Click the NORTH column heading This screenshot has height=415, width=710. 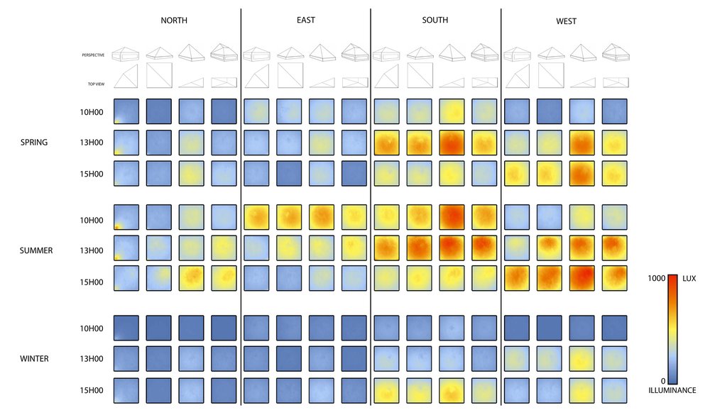tap(174, 21)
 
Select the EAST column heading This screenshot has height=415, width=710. tap(306, 21)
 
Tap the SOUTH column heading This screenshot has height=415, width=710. tap(435, 21)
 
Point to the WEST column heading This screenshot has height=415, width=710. tap(566, 21)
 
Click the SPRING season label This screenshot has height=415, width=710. tap(34, 142)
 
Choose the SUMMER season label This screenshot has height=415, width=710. tap(36, 250)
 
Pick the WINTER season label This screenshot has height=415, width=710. tap(34, 359)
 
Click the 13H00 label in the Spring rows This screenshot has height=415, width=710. tap(92, 142)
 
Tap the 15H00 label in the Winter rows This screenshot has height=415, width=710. tap(92, 390)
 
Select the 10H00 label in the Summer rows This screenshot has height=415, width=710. tap(92, 220)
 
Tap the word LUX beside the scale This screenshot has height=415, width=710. tap(689, 279)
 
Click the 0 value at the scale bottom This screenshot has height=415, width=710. tap(662, 381)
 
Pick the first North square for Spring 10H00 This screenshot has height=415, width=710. tap(126, 111)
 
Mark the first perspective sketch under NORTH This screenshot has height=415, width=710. tap(127, 54)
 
